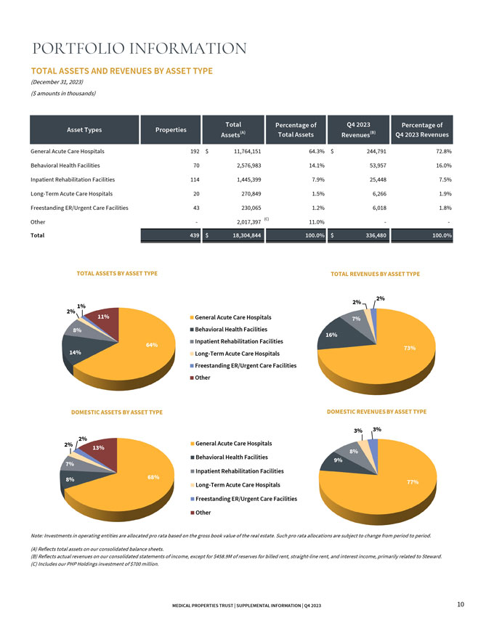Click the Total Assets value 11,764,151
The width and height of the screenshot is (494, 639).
point(248,151)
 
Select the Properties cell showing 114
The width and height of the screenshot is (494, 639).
point(195,179)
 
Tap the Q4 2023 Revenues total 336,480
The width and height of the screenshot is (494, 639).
point(376,235)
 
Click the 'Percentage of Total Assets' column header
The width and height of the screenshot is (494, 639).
point(296,129)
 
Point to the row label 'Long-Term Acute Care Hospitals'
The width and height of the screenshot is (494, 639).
point(71,194)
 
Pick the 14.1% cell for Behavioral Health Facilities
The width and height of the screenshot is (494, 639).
point(317,166)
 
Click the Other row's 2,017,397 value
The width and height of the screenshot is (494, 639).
point(248,222)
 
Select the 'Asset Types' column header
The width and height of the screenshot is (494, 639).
point(84,129)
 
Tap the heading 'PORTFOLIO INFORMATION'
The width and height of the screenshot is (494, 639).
point(139,48)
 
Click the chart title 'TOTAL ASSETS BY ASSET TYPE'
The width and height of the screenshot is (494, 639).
point(117,274)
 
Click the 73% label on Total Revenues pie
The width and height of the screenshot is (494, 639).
point(410,348)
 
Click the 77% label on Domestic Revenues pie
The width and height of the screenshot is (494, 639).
point(413,481)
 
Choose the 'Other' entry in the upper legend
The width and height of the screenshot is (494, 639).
point(200,378)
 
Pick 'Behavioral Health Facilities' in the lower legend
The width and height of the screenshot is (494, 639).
point(229,457)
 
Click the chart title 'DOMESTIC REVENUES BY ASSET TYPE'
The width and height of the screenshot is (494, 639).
point(376,412)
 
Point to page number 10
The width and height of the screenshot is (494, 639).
point(461,604)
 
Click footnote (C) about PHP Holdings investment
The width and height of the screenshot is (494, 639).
point(94,564)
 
